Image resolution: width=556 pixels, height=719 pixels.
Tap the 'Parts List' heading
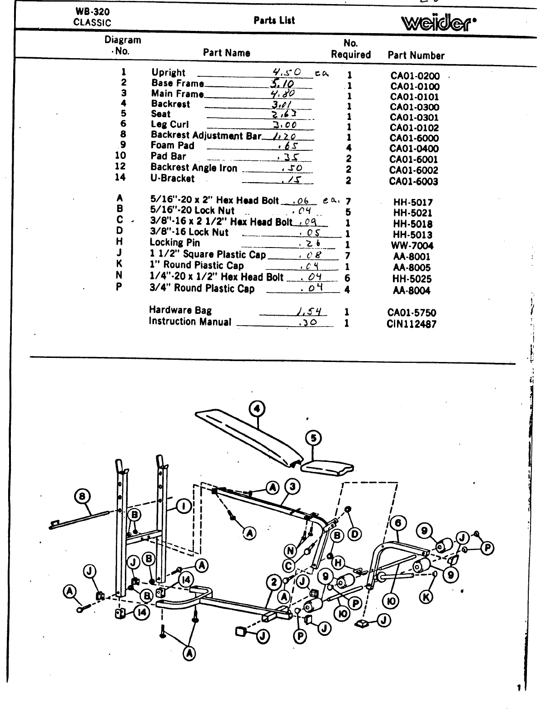(x=274, y=20)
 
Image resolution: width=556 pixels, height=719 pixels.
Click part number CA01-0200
(x=415, y=76)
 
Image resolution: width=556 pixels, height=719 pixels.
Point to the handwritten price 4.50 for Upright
(x=287, y=72)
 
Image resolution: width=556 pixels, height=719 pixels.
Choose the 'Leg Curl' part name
(x=170, y=124)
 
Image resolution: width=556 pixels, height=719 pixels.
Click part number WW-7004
(x=413, y=246)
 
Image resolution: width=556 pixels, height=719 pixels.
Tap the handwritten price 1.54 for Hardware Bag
(x=311, y=312)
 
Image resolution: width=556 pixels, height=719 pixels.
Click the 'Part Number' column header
(x=416, y=55)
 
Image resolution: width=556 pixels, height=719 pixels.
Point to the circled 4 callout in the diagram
(x=257, y=409)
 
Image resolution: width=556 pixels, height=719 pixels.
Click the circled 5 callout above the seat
(x=313, y=438)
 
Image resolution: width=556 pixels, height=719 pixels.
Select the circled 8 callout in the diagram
(x=82, y=496)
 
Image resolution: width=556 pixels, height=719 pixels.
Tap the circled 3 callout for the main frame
(x=292, y=487)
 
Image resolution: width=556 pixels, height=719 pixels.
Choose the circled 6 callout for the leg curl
(x=398, y=524)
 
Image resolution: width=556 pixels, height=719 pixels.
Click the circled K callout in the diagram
(x=426, y=597)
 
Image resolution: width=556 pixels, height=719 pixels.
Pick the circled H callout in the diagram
(x=338, y=563)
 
